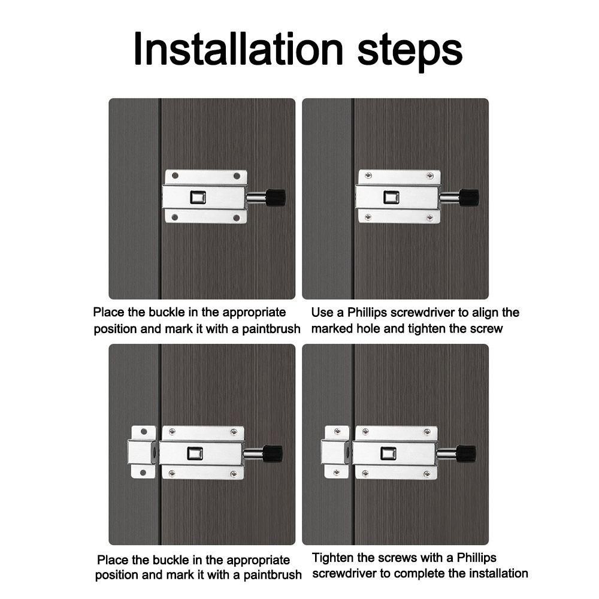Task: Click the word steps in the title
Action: click(x=410, y=52)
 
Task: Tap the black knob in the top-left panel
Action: click(x=276, y=197)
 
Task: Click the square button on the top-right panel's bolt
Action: click(x=392, y=198)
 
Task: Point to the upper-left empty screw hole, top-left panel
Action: click(x=176, y=176)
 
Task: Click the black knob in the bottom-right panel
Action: click(x=467, y=454)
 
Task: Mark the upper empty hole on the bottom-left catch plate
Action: click(x=144, y=432)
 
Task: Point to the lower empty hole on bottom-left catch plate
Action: click(x=143, y=473)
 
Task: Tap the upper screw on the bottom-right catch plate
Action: click(x=337, y=432)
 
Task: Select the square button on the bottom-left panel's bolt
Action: click(x=195, y=453)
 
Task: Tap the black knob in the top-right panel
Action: click(x=470, y=197)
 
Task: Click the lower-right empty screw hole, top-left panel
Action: click(x=237, y=218)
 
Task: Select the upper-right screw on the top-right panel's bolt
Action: click(x=430, y=176)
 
